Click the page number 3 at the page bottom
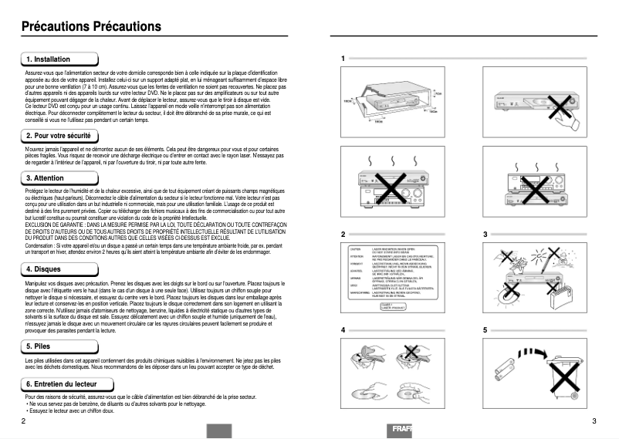point(594,420)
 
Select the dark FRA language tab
point(401,430)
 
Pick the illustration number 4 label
point(343,330)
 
